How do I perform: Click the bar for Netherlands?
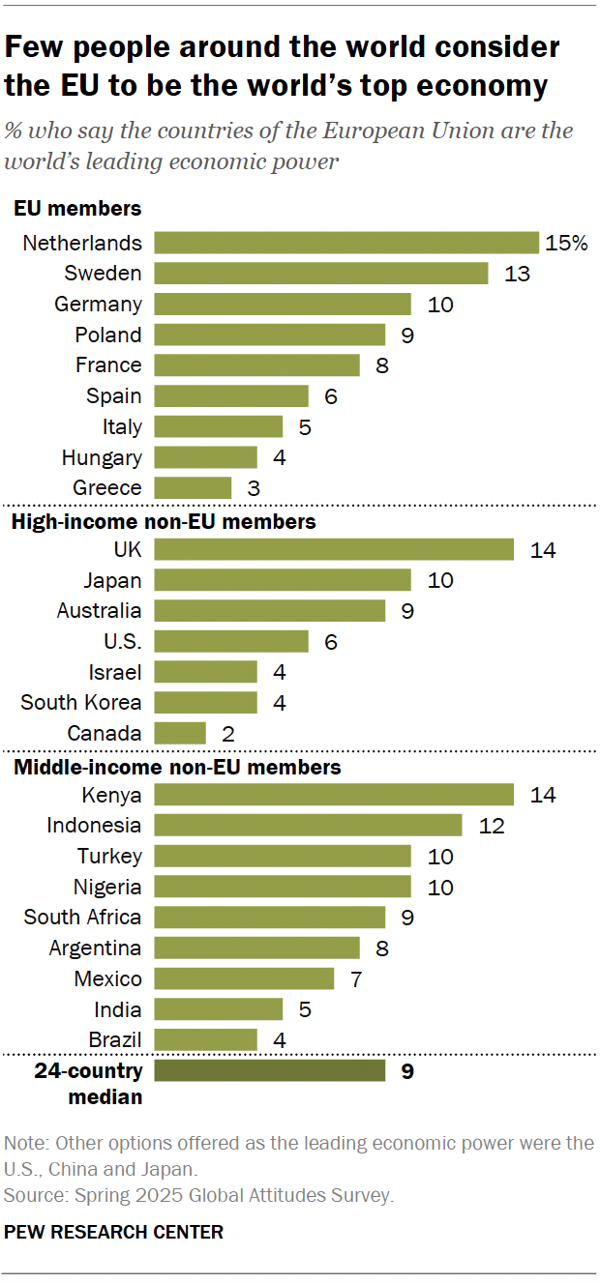pyautogui.click(x=346, y=243)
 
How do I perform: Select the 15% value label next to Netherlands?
pyautogui.click(x=566, y=243)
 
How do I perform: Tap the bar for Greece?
pyautogui.click(x=193, y=487)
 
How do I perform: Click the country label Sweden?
pyautogui.click(x=103, y=274)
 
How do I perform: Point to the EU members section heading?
pyautogui.click(x=76, y=208)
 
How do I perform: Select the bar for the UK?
pyautogui.click(x=334, y=549)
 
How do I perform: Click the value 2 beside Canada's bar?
pyautogui.click(x=227, y=733)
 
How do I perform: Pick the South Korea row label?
pyautogui.click(x=81, y=703)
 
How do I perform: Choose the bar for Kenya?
pyautogui.click(x=334, y=795)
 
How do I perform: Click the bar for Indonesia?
pyautogui.click(x=308, y=825)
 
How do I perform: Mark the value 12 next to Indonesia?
pyautogui.click(x=492, y=826)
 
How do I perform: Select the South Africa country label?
pyautogui.click(x=82, y=917)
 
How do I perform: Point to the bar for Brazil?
pyautogui.click(x=205, y=1039)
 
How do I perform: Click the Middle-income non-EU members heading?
pyautogui.click(x=175, y=768)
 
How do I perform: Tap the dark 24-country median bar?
pyautogui.click(x=269, y=1070)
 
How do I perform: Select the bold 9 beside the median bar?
pyautogui.click(x=406, y=1071)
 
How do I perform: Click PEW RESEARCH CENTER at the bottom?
pyautogui.click(x=113, y=1232)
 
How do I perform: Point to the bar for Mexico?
pyautogui.click(x=244, y=978)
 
